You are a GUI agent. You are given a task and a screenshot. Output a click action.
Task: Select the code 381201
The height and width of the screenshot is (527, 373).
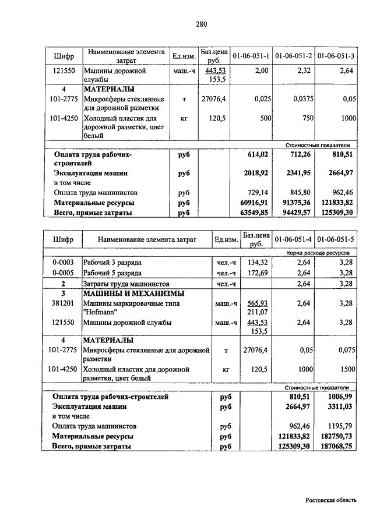pos(62,303)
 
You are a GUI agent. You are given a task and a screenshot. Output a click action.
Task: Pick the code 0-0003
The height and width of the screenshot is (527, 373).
pos(62,263)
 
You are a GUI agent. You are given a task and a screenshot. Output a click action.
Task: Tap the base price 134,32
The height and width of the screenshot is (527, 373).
pos(256,263)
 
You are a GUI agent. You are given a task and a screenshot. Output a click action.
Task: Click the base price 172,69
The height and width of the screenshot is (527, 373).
pos(256,273)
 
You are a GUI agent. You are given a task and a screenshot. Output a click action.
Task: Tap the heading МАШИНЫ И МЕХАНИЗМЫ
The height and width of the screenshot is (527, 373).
pos(133,293)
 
